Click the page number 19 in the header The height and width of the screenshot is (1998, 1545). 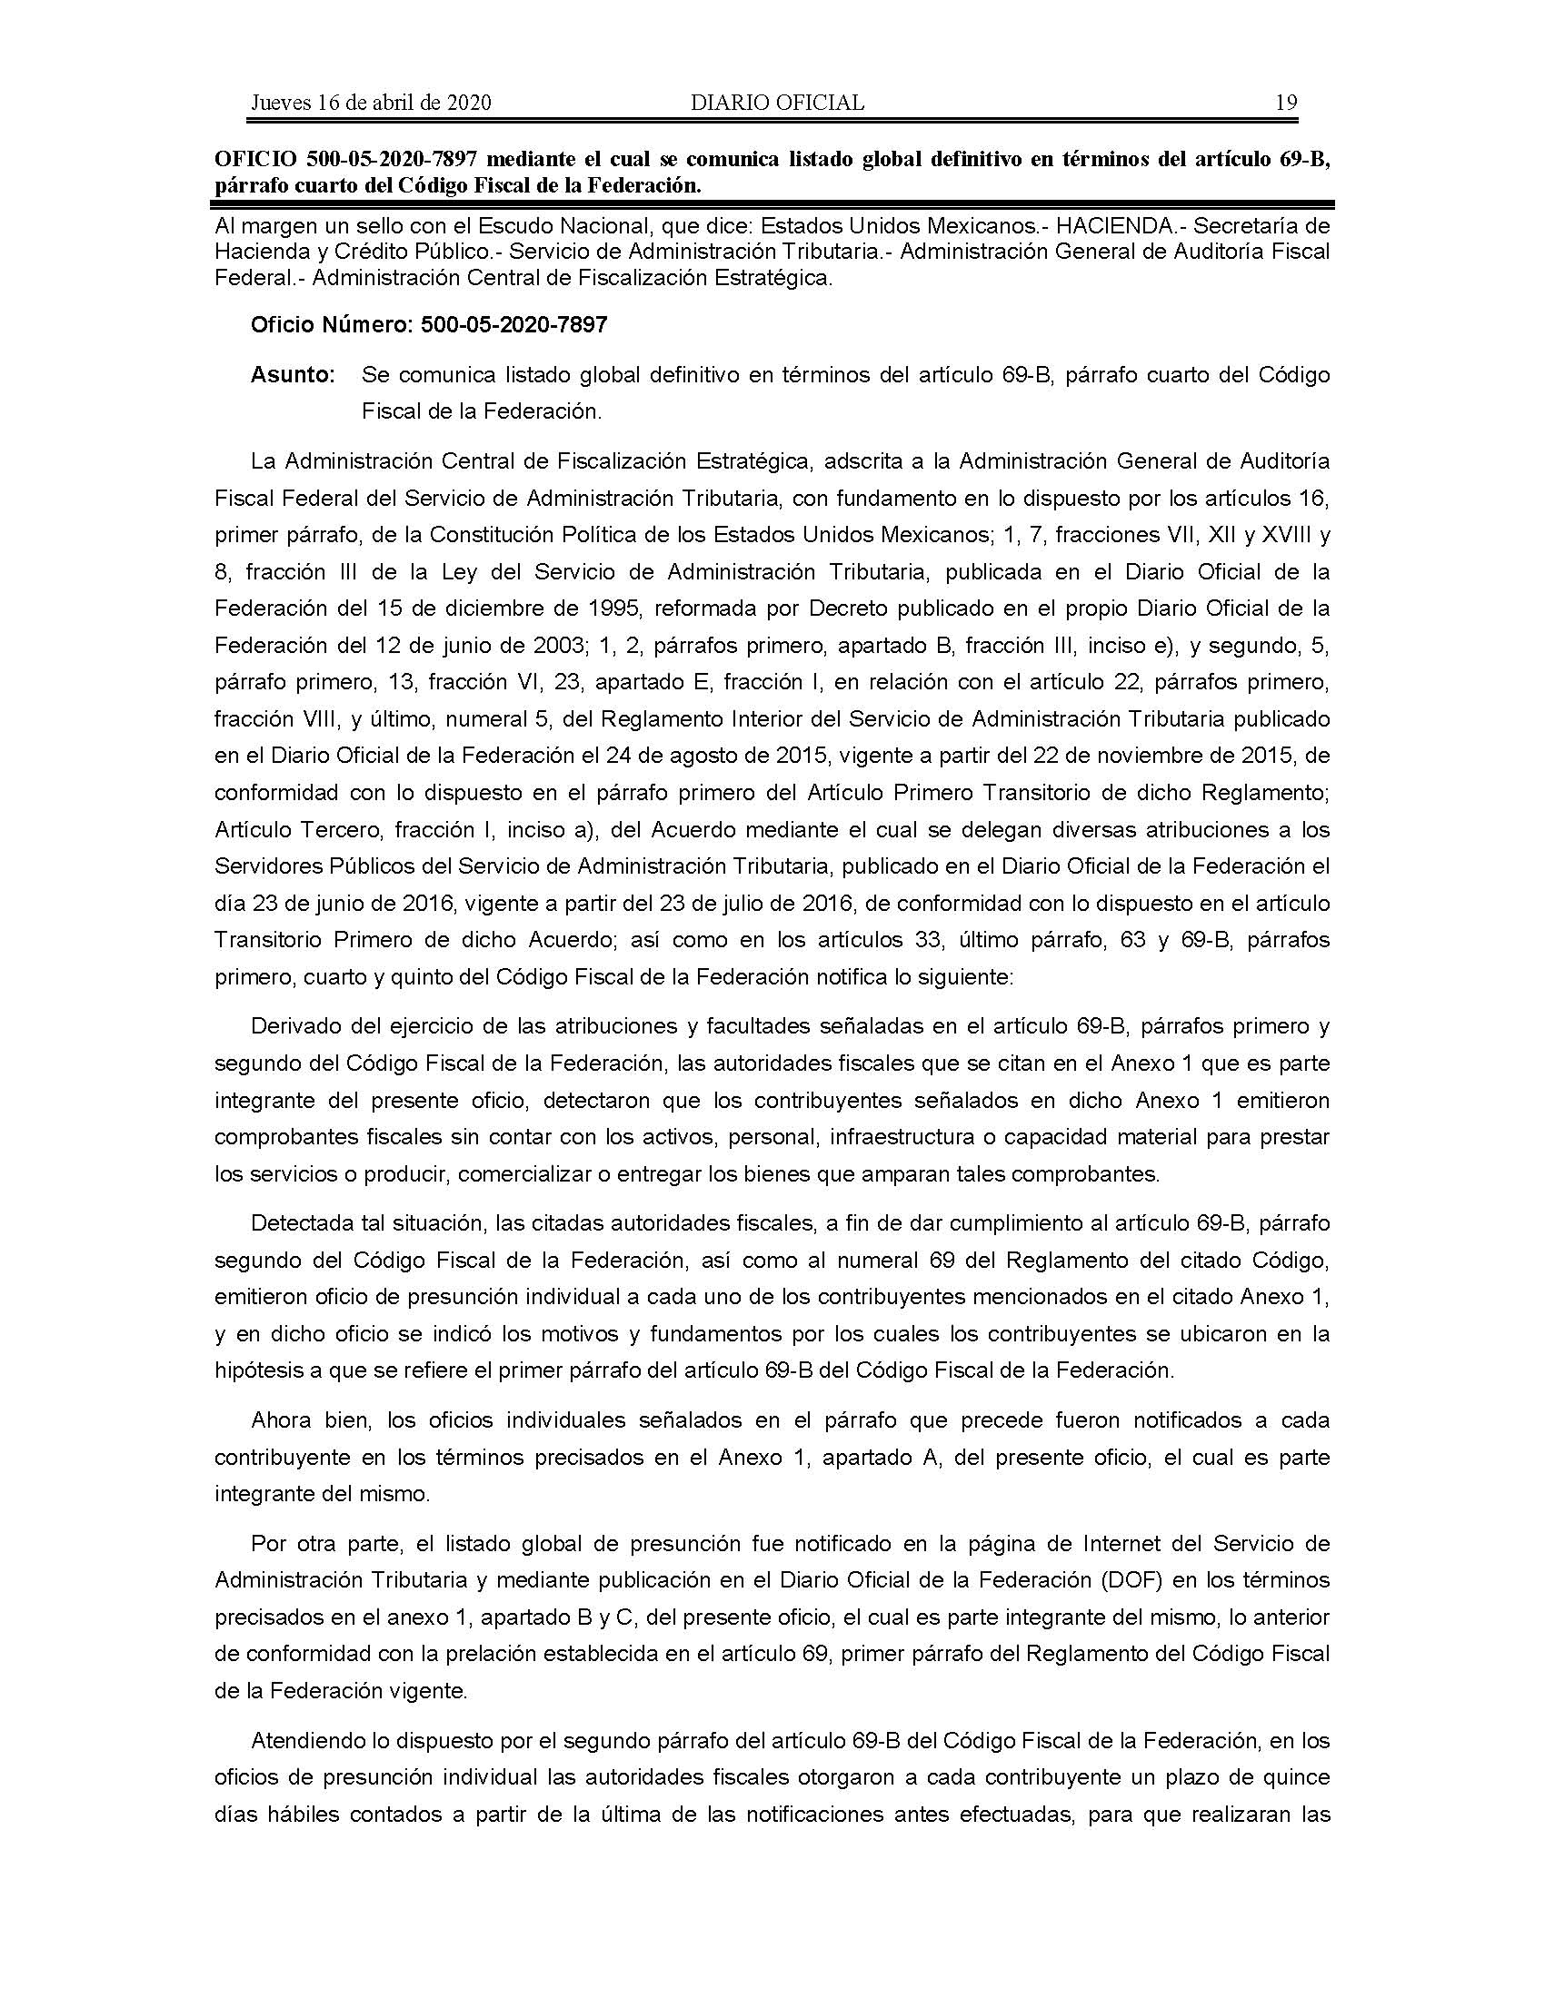[x=1286, y=103]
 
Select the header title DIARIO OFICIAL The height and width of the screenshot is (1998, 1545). [x=777, y=103]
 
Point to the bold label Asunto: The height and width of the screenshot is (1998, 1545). [x=293, y=375]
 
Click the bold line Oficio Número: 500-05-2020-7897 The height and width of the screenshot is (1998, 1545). [x=429, y=325]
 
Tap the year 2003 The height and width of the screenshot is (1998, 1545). [x=553, y=646]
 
